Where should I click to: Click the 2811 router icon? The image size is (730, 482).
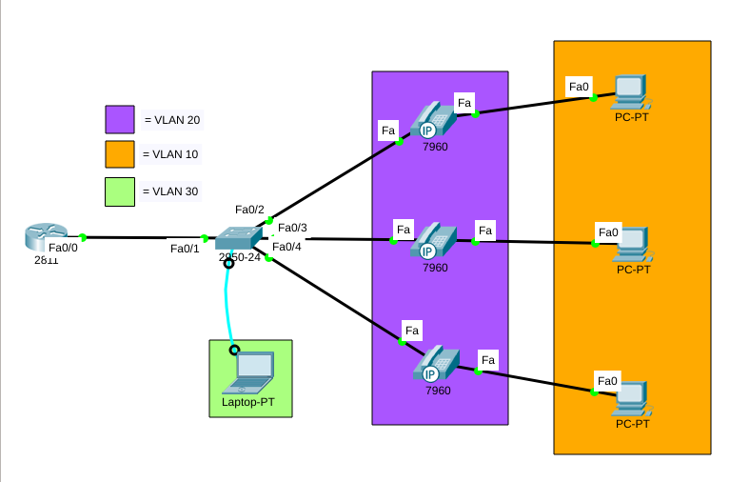[x=47, y=235]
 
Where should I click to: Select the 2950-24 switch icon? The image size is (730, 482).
[x=237, y=239]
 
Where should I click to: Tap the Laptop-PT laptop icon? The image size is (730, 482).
[x=249, y=372]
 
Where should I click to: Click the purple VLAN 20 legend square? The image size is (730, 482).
[x=120, y=119]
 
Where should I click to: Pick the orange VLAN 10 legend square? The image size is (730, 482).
[x=120, y=154]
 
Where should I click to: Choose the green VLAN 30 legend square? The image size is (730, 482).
[x=120, y=191]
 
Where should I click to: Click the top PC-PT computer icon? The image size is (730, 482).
[x=631, y=92]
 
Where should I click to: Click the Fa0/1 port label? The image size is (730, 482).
[x=185, y=249]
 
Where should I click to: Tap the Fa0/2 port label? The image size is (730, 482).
[x=249, y=210]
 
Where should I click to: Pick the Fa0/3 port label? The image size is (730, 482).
[x=292, y=228]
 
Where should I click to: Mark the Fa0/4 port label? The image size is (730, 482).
[x=286, y=247]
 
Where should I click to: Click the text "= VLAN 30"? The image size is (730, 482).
[x=170, y=191]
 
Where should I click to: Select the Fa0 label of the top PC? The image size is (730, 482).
[x=579, y=87]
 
